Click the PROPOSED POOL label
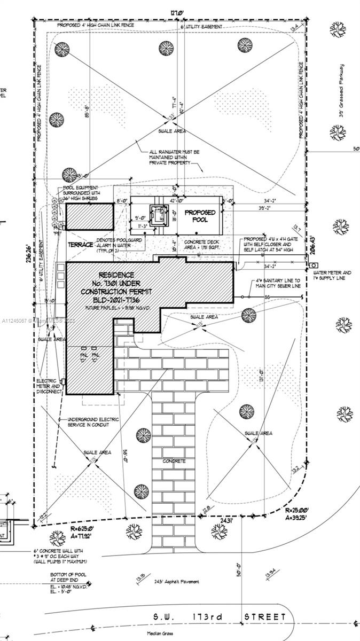tap(200, 216)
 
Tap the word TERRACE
tap(81, 244)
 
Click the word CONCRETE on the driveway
tap(174, 460)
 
